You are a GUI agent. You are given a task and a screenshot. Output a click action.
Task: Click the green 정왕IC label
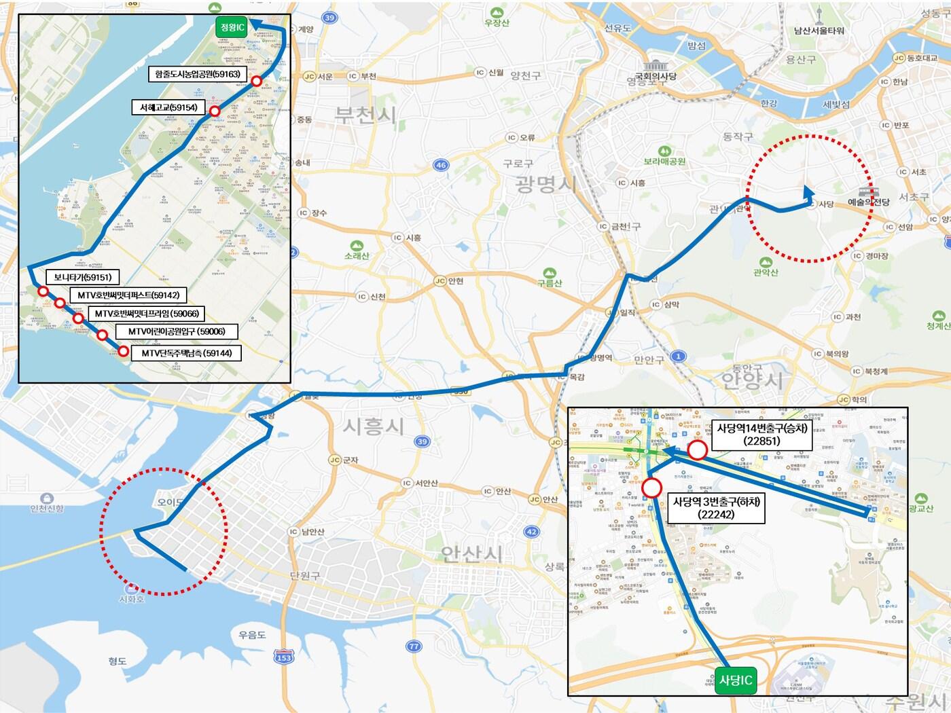(231, 27)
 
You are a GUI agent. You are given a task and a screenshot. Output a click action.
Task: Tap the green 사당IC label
(735, 680)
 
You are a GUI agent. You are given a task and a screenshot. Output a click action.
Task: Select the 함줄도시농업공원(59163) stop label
(198, 73)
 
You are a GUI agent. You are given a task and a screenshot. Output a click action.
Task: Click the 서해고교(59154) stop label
(168, 107)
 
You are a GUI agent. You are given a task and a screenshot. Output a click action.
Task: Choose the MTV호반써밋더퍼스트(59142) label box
(128, 295)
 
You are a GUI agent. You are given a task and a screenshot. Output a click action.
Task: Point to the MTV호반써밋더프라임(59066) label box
(147, 314)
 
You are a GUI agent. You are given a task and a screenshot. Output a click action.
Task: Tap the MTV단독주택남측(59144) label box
(186, 353)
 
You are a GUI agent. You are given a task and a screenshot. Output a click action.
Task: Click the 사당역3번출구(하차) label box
(716, 508)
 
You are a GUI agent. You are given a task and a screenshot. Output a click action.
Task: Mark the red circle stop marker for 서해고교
(215, 111)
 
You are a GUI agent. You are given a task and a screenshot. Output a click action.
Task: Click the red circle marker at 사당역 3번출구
(651, 488)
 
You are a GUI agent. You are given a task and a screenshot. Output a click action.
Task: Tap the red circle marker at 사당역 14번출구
(697, 450)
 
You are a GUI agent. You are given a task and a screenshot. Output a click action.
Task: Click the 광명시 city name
(545, 183)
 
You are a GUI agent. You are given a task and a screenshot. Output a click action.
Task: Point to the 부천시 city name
(365, 114)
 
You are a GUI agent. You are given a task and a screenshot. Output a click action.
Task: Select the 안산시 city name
(473, 554)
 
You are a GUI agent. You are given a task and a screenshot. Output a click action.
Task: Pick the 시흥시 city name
(373, 426)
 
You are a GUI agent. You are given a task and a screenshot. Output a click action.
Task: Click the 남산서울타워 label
(819, 31)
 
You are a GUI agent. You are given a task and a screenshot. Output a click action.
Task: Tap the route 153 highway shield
(284, 657)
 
